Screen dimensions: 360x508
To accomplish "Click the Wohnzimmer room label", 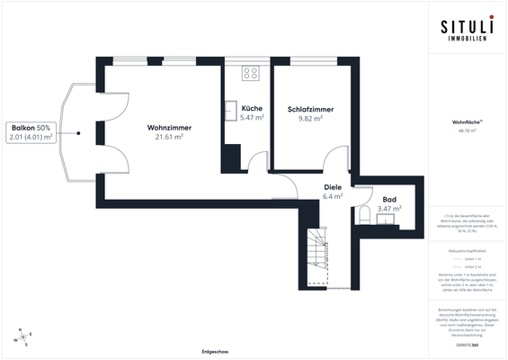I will pyautogui.click(x=169, y=128).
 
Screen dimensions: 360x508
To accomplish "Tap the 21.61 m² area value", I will pyautogui.click(x=169, y=138).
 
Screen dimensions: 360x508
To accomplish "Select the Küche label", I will pyautogui.click(x=252, y=108).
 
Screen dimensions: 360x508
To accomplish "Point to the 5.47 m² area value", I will pyautogui.click(x=252, y=118).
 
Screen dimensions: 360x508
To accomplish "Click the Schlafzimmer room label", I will pyautogui.click(x=310, y=109).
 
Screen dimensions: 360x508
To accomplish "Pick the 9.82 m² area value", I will pyautogui.click(x=310, y=119).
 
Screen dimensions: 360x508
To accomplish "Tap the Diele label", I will pyautogui.click(x=333, y=186).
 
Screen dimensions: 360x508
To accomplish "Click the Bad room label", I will pyautogui.click(x=389, y=199).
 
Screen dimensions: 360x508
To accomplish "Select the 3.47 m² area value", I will pyautogui.click(x=389, y=209).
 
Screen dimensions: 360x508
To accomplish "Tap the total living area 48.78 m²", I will pyautogui.click(x=467, y=130).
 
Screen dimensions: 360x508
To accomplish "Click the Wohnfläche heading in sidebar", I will pyautogui.click(x=466, y=121).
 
